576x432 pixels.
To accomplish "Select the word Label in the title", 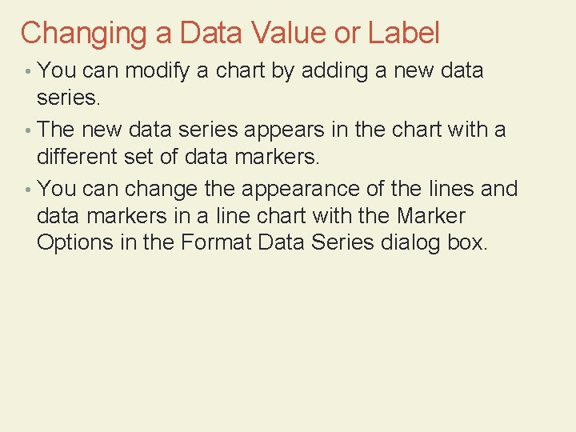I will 404,33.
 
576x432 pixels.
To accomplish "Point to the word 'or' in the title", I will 349,34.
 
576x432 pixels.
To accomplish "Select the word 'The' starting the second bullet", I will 55,129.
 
